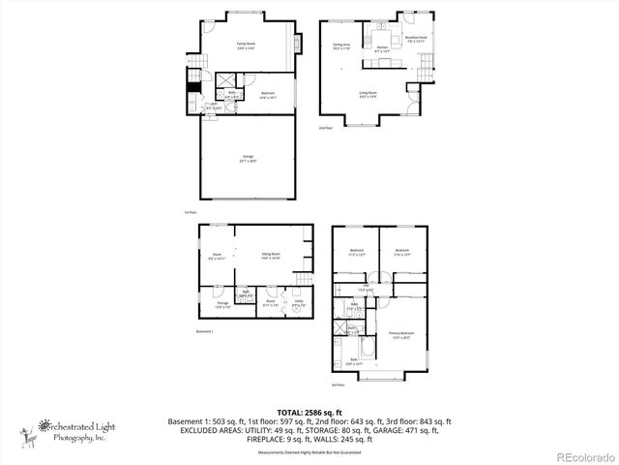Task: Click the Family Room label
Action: coord(246,45)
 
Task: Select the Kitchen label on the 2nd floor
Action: coord(381,47)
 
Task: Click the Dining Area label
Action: coord(341,46)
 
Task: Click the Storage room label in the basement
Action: coord(221,305)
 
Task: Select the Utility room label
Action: coord(299,303)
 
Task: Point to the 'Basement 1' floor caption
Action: coord(204,331)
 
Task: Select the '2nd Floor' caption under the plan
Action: coord(325,127)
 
